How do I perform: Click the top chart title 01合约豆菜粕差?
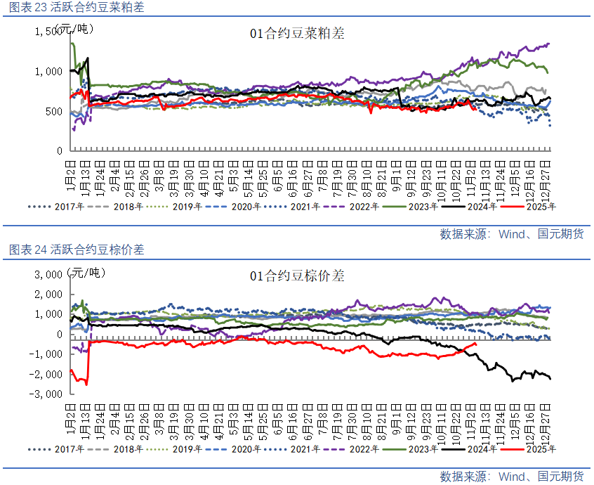297,33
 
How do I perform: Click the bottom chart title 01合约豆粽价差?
297,276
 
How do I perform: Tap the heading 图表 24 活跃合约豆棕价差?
77,250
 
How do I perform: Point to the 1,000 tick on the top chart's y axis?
49,71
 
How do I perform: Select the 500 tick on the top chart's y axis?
54,111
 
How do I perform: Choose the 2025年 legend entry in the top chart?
541,207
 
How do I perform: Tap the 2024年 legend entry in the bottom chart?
482,449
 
